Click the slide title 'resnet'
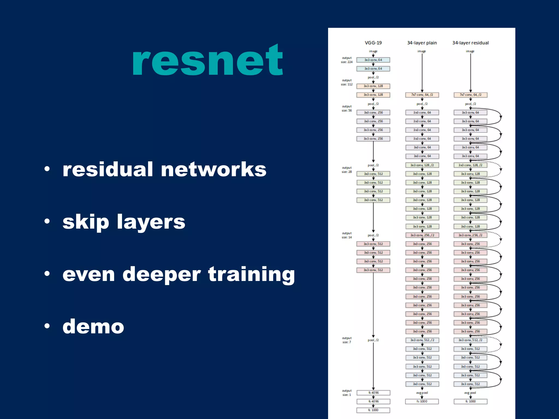point(207,61)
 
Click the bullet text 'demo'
point(93,326)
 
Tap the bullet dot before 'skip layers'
point(47,221)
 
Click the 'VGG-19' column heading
point(373,43)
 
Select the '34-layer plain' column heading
point(422,43)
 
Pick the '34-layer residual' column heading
point(470,43)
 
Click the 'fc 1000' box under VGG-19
point(373,410)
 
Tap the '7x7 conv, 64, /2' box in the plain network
point(422,95)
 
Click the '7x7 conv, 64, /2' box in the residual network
point(470,95)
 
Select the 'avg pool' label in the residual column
point(470,393)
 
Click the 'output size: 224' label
point(347,60)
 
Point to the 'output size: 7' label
point(347,340)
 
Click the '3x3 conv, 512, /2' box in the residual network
point(470,340)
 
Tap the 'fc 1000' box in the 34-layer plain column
point(422,402)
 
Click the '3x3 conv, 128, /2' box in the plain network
point(422,165)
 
